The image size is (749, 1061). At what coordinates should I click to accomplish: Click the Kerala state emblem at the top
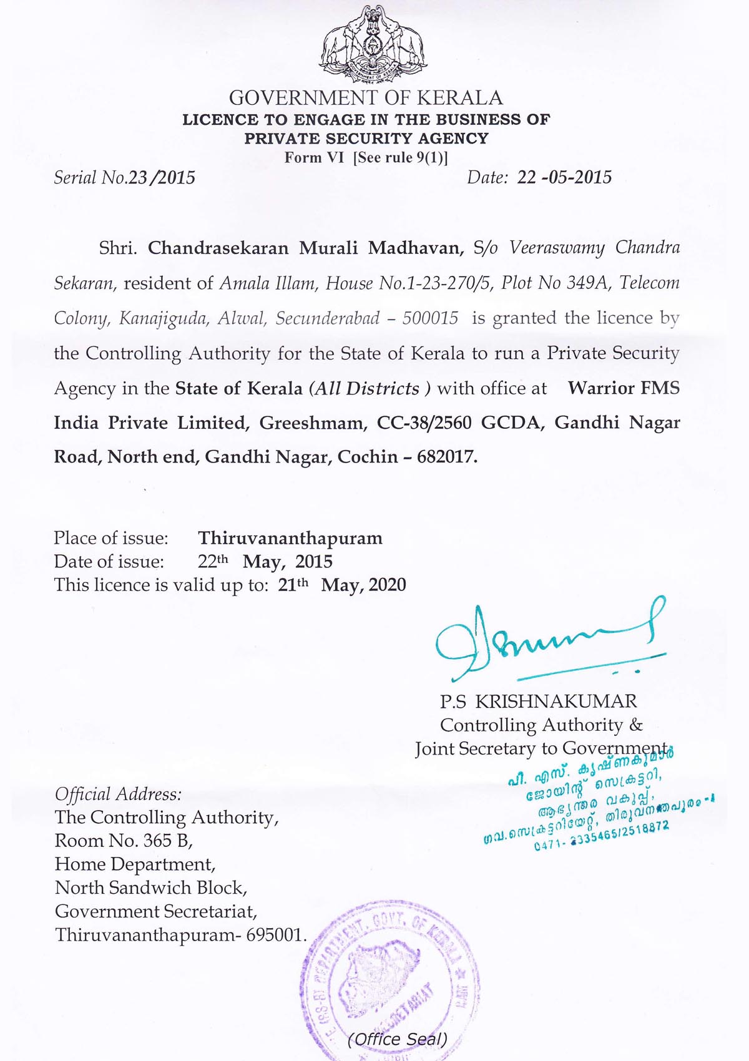pos(373,45)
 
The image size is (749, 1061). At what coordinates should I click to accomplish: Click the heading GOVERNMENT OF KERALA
pos(366,98)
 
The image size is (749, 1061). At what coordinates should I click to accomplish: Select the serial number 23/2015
pos(162,178)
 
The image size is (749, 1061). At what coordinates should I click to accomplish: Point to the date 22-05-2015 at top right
pos(564,178)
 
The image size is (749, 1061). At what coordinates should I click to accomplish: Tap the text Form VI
pos(314,157)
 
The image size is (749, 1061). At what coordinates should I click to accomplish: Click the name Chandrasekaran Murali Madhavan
pos(305,248)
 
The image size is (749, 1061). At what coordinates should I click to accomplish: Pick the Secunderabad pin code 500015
pos(430,318)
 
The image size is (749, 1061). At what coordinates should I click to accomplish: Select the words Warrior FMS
pos(623,388)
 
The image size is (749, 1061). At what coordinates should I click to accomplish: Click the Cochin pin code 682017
pos(447,457)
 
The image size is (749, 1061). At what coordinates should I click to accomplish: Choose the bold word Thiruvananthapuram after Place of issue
pos(290,538)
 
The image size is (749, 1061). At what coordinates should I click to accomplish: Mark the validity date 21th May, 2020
pos(342,585)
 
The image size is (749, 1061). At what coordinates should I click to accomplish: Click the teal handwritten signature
pos(549,640)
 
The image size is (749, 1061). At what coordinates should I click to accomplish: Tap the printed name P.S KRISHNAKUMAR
pos(539,702)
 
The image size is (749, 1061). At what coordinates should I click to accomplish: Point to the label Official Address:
pos(119,794)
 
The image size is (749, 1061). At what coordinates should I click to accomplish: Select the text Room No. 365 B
pos(124,841)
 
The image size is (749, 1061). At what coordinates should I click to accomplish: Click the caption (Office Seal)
pos(398,1039)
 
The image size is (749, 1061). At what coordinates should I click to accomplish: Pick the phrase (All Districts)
pos(370,388)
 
